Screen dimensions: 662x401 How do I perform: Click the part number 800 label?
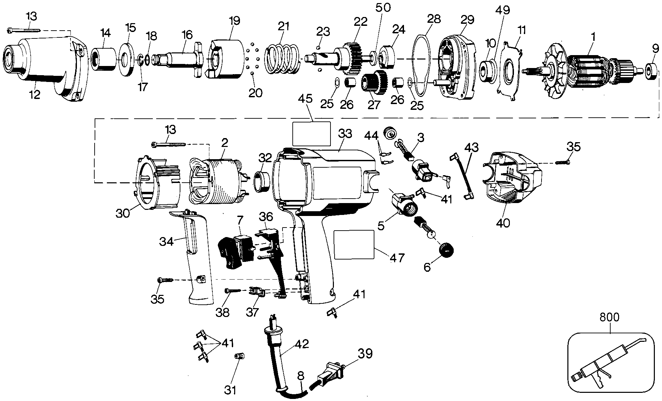tap(609, 318)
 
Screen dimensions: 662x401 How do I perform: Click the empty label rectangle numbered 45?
tap(311, 134)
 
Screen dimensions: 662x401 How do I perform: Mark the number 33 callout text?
tap(345, 134)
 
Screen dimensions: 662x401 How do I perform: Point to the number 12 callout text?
tap(35, 95)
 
